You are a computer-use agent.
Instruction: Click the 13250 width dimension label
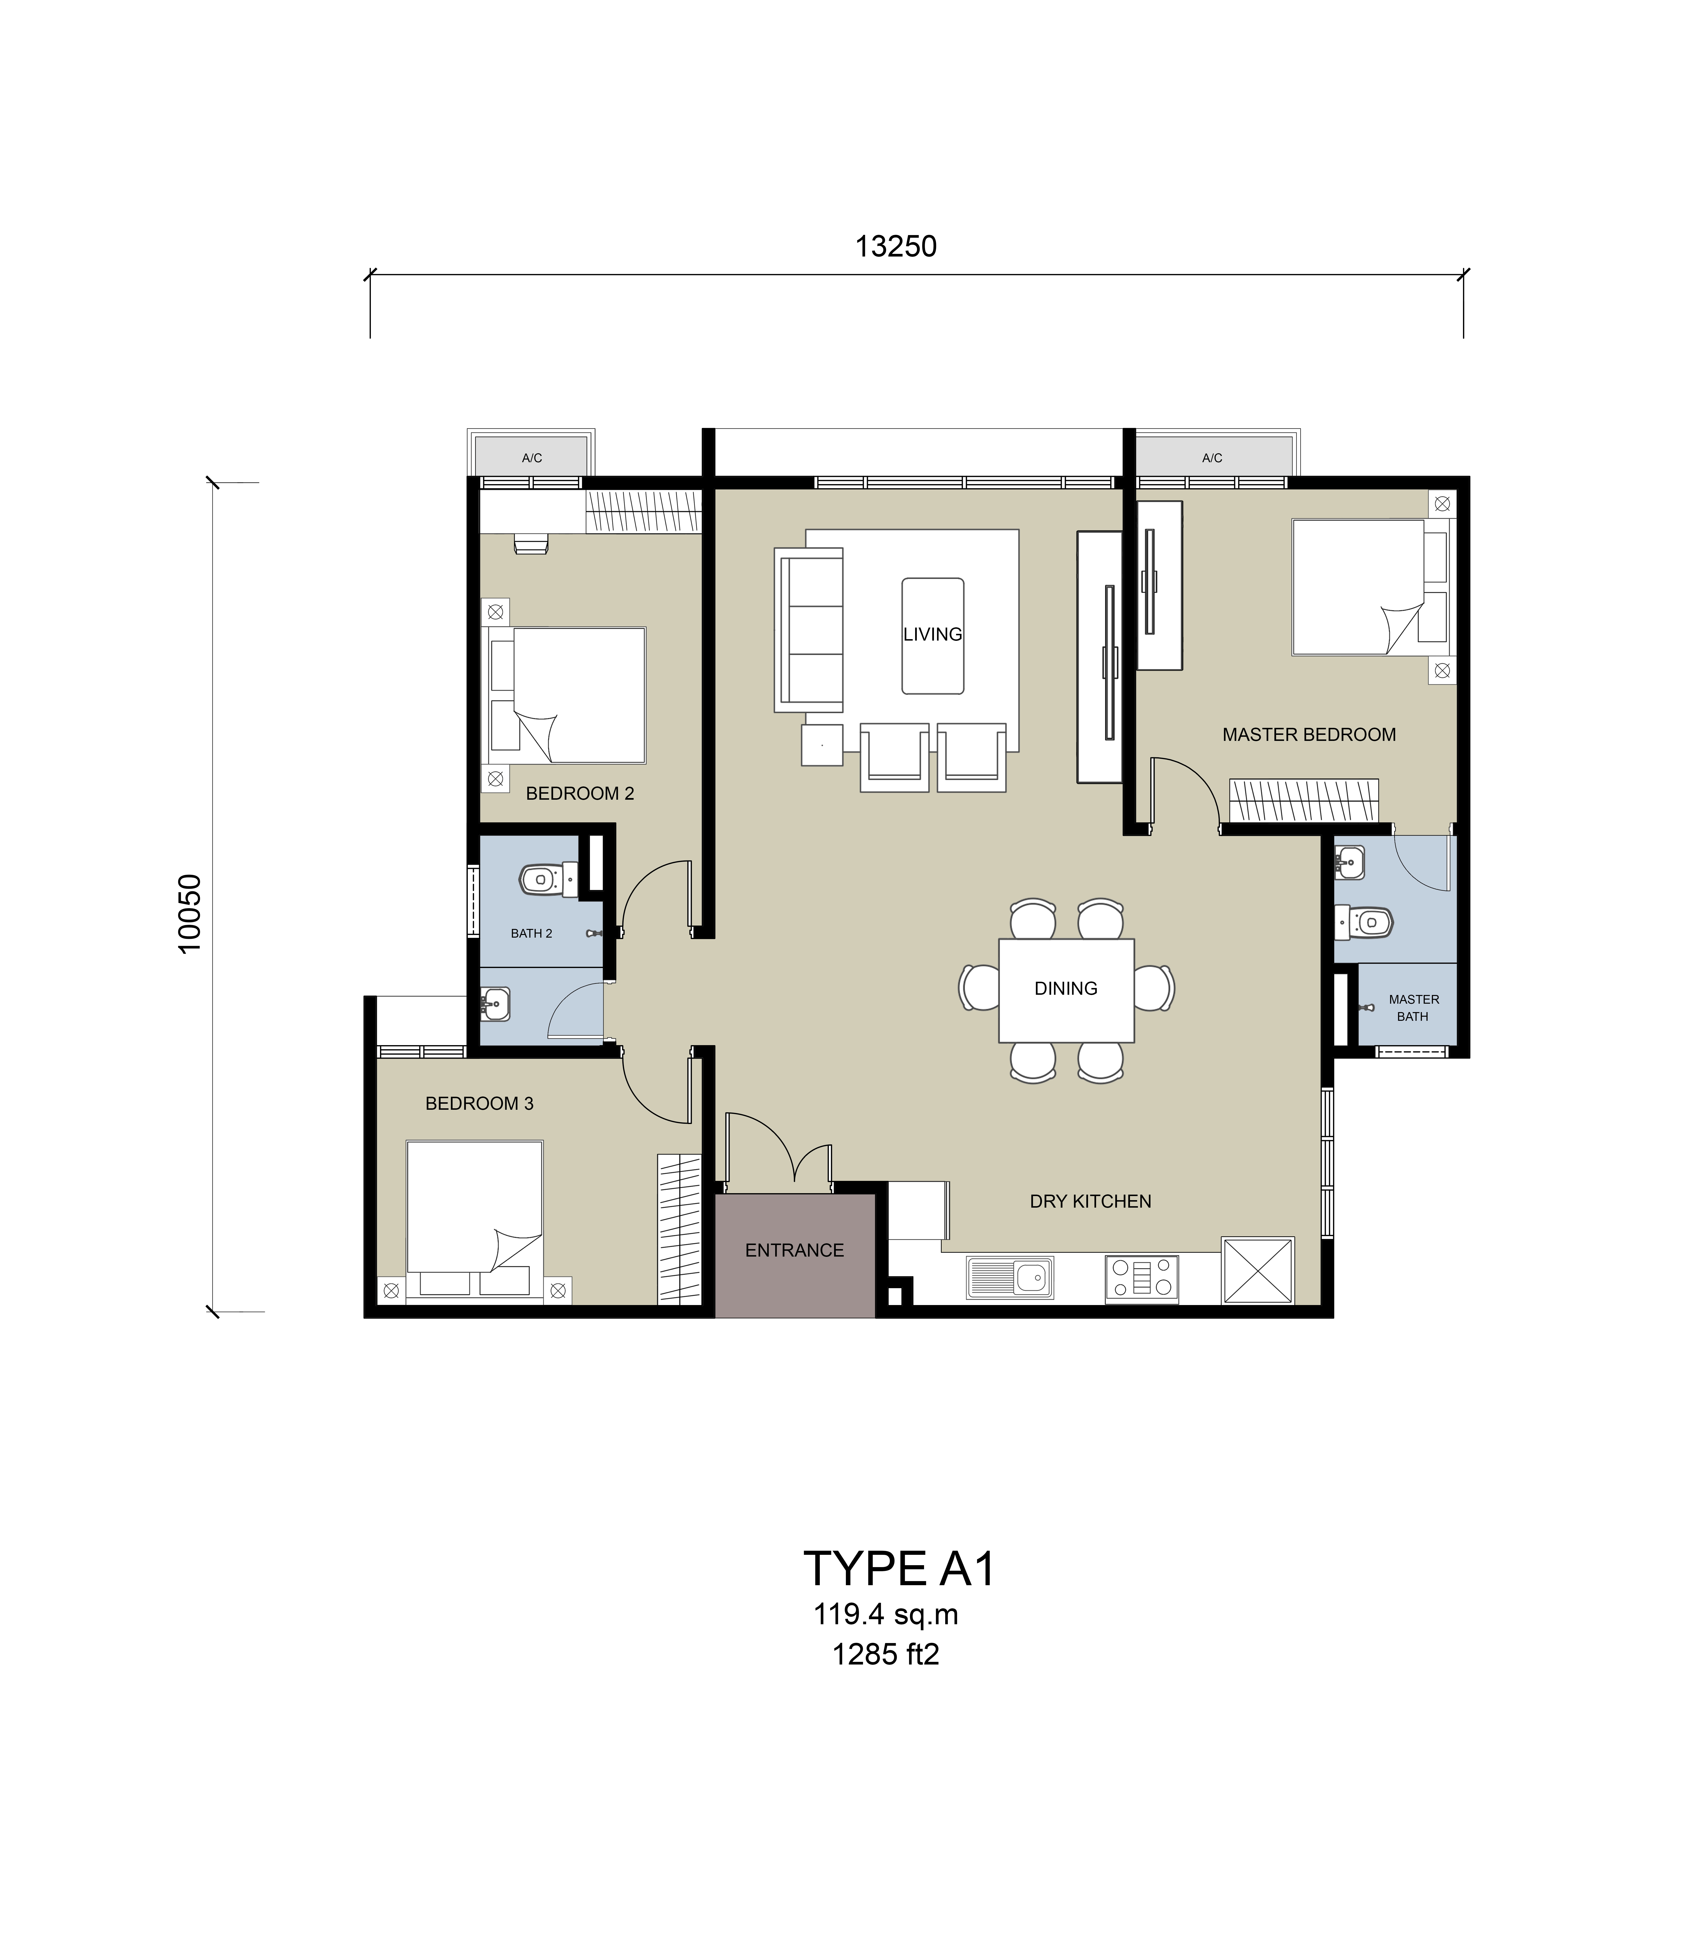(895, 247)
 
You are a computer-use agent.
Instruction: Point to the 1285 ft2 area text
(886, 1655)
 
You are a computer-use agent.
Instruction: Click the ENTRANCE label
(795, 1250)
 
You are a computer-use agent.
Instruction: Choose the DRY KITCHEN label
(1090, 1201)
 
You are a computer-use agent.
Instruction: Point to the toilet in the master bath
(1362, 922)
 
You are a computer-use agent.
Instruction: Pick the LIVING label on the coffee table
(933, 635)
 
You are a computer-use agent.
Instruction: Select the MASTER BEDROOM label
(1309, 734)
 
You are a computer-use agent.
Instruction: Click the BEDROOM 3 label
(479, 1103)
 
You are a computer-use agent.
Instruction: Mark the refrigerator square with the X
(1258, 1270)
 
